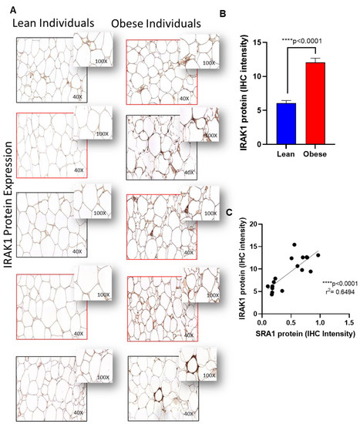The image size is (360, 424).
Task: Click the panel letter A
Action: click(x=8, y=6)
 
